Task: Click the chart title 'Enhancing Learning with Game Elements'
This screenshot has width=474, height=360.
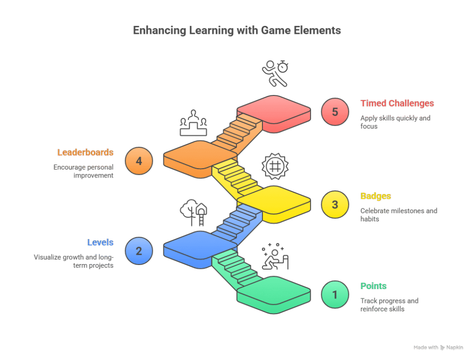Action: coord(237,31)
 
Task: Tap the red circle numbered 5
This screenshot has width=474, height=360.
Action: coord(335,113)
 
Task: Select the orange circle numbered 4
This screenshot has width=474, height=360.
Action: coord(138,161)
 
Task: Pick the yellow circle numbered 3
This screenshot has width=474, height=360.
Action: coord(335,204)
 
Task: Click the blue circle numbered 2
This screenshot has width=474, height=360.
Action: coord(138,251)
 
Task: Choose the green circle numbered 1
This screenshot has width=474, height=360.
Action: coord(335,294)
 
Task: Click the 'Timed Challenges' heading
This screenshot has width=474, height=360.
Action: coord(397,103)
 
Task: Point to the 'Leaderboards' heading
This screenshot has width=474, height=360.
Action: coord(86,152)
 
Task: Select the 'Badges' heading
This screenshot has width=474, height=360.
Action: coord(375,196)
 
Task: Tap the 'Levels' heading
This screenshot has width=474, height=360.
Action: coord(100,242)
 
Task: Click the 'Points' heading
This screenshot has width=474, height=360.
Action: coord(374,286)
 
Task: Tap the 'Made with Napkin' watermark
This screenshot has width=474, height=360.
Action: coord(438,347)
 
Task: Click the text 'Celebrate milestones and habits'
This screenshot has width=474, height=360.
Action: coord(399,215)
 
